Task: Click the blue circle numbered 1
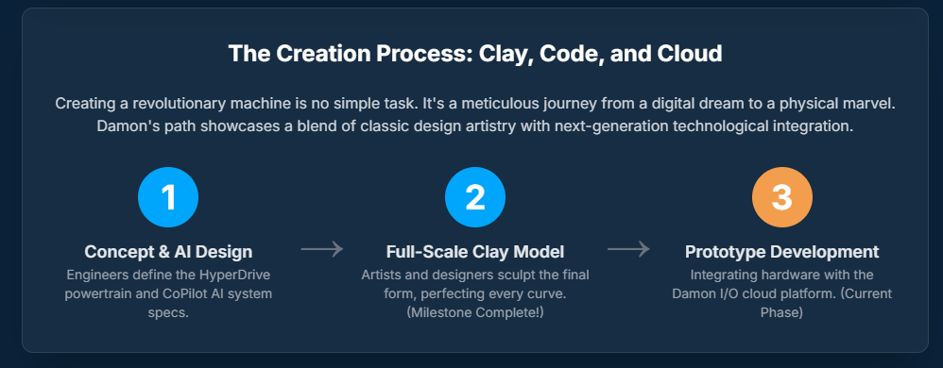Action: (x=168, y=197)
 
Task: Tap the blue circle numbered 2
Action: (x=475, y=197)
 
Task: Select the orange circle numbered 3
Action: (x=781, y=197)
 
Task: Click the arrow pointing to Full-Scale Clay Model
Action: (x=322, y=248)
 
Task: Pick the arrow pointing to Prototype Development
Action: (x=628, y=248)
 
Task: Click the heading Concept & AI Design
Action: (x=168, y=252)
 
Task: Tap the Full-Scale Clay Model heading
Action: (x=475, y=252)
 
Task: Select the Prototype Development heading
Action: (x=781, y=252)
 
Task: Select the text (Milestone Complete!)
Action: (x=475, y=313)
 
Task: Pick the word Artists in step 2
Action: (x=381, y=275)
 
